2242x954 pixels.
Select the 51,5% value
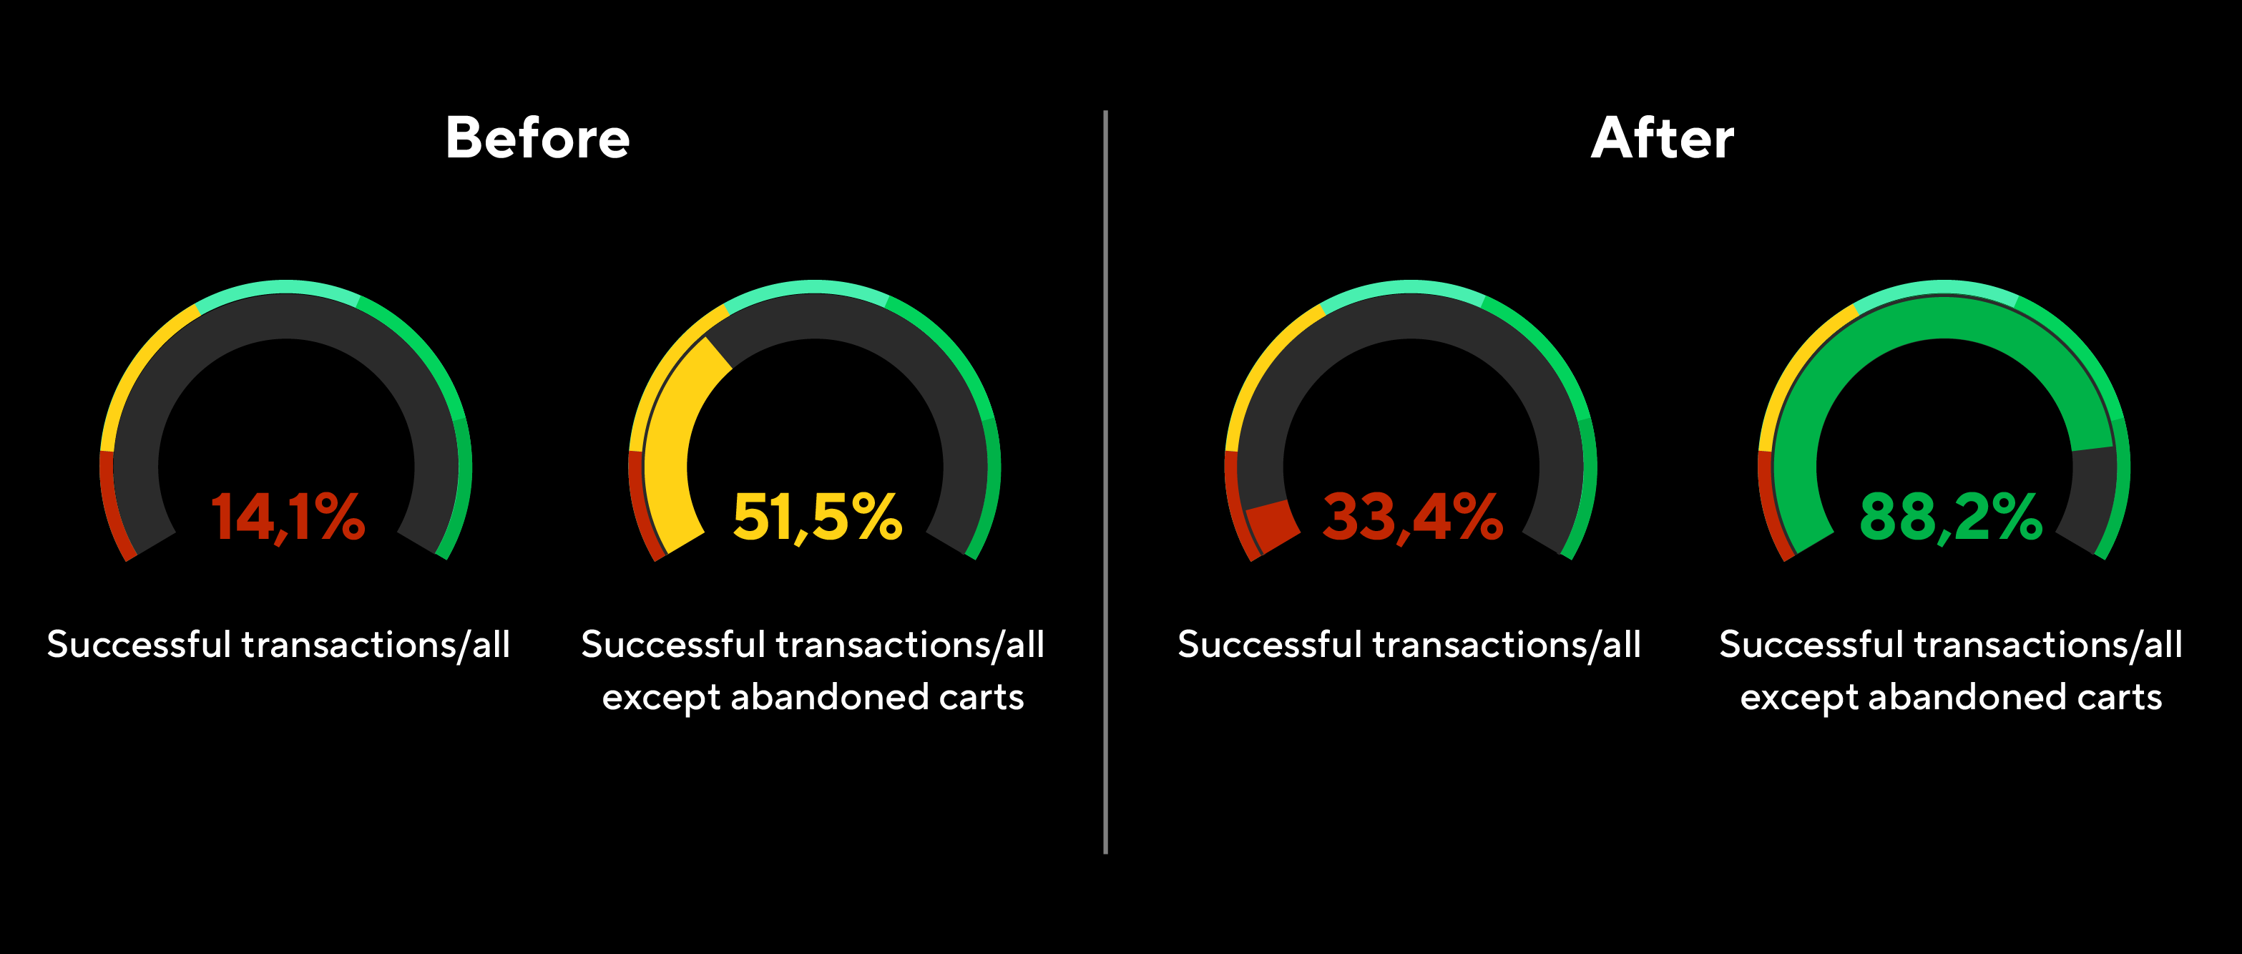[817, 517]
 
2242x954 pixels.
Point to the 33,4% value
[1411, 517]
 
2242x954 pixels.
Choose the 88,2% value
[1950, 517]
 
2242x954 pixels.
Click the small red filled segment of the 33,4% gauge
[1271, 525]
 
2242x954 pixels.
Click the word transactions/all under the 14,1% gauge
[375, 645]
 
